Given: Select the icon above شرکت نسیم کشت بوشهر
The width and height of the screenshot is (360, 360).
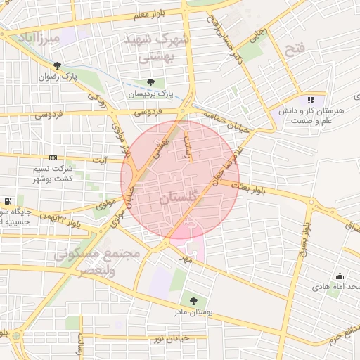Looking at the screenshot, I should (x=53, y=157).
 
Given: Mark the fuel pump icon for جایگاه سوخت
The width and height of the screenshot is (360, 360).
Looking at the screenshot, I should (x=7, y=202).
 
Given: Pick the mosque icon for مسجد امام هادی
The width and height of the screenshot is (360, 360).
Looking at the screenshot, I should (x=340, y=276).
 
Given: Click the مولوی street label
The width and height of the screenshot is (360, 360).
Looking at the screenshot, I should (x=106, y=204).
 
